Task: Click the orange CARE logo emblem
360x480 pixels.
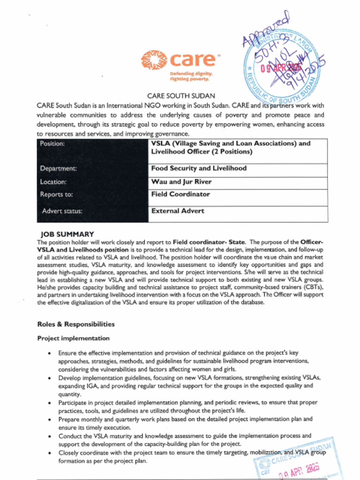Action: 154,60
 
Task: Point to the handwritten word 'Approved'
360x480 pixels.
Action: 266,32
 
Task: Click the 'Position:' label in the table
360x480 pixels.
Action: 52,143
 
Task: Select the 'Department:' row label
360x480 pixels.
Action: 58,168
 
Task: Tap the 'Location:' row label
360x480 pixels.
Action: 53,181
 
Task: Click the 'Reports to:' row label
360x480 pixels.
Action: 56,194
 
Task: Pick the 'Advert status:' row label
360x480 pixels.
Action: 62,211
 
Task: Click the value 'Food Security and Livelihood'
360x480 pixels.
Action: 198,168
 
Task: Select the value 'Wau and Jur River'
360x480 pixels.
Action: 181,181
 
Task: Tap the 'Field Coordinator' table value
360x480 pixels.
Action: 180,194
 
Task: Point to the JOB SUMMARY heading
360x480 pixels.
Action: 67,234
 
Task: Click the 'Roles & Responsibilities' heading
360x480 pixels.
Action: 75,324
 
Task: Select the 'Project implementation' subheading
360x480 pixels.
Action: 73,338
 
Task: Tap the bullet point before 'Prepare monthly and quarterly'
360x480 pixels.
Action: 50,420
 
